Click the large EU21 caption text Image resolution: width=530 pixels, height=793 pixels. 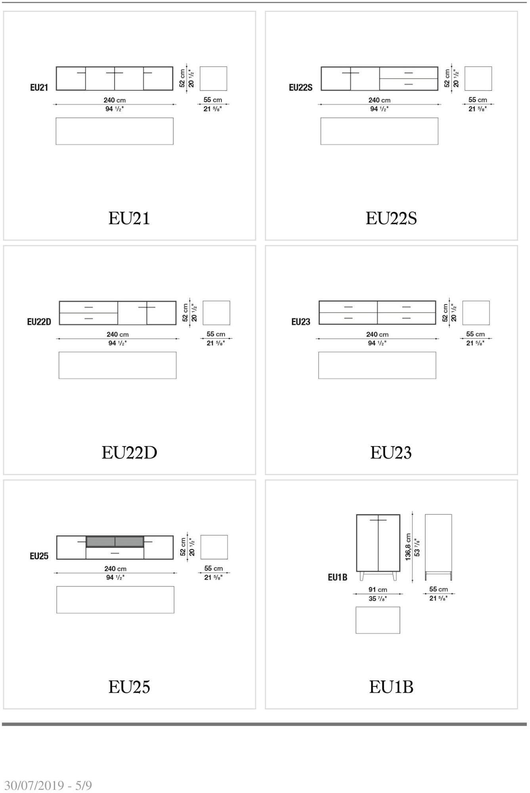point(129,218)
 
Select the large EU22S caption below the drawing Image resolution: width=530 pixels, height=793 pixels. point(391,218)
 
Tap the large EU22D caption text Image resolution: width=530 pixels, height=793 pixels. point(129,452)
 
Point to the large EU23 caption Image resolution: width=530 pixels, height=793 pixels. point(391,452)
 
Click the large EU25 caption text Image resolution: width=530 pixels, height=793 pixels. point(129,687)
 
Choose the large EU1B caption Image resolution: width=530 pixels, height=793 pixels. point(391,687)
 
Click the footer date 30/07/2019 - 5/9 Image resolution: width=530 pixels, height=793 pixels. point(48,785)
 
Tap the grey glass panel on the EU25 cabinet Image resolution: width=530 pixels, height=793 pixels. point(115,542)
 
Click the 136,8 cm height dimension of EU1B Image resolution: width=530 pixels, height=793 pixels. point(408,547)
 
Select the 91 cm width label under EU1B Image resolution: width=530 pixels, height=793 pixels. point(378,590)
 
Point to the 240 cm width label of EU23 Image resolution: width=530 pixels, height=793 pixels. point(377,334)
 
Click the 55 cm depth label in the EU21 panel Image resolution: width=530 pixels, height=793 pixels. point(213,100)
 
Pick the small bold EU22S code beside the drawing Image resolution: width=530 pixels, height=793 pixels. point(300,88)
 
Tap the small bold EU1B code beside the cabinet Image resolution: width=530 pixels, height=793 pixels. point(337,577)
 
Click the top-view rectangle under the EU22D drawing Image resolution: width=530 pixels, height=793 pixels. point(117,365)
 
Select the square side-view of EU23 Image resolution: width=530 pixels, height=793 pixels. point(476,313)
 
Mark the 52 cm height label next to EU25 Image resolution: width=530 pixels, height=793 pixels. point(183,547)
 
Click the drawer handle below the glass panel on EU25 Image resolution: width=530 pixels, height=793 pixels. point(115,553)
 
